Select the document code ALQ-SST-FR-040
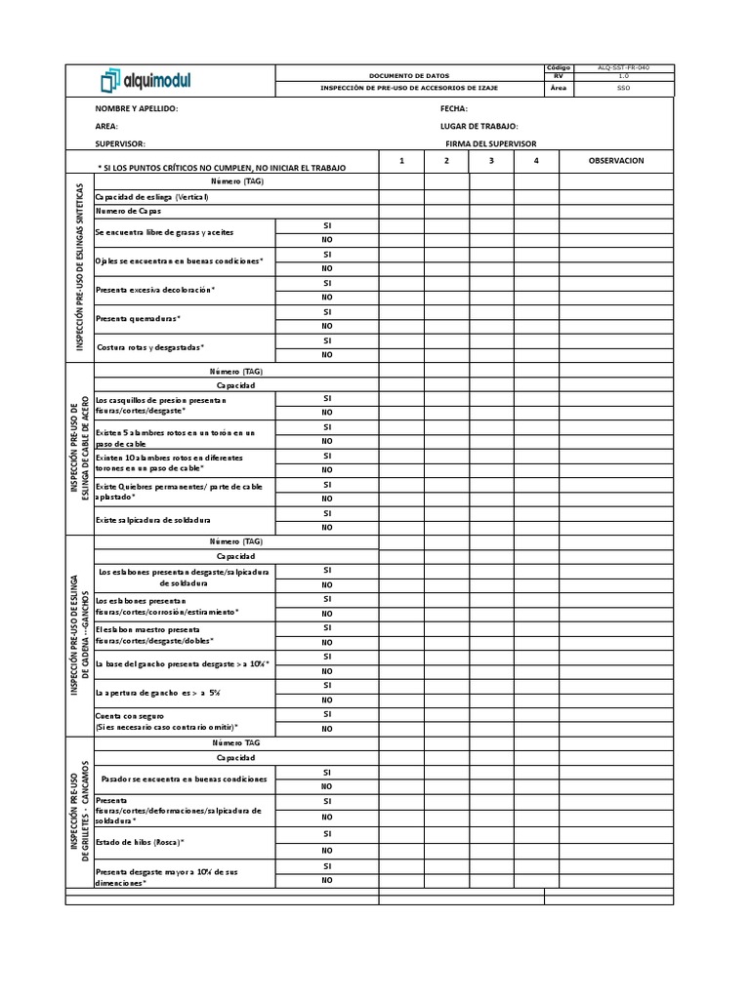point(622,67)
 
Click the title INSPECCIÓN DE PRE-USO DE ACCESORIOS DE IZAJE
point(409,88)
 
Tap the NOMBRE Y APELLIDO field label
point(137,109)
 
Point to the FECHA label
point(454,109)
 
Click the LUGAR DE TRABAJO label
point(479,126)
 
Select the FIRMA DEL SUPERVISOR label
point(490,143)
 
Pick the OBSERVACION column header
point(615,160)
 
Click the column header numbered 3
point(491,160)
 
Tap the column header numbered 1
point(401,160)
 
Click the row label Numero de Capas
point(128,211)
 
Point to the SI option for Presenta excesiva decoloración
point(327,283)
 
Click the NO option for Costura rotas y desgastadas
point(327,354)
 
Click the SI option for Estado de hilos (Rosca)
point(327,834)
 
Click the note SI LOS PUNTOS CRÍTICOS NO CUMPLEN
point(222,168)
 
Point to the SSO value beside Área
point(622,88)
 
